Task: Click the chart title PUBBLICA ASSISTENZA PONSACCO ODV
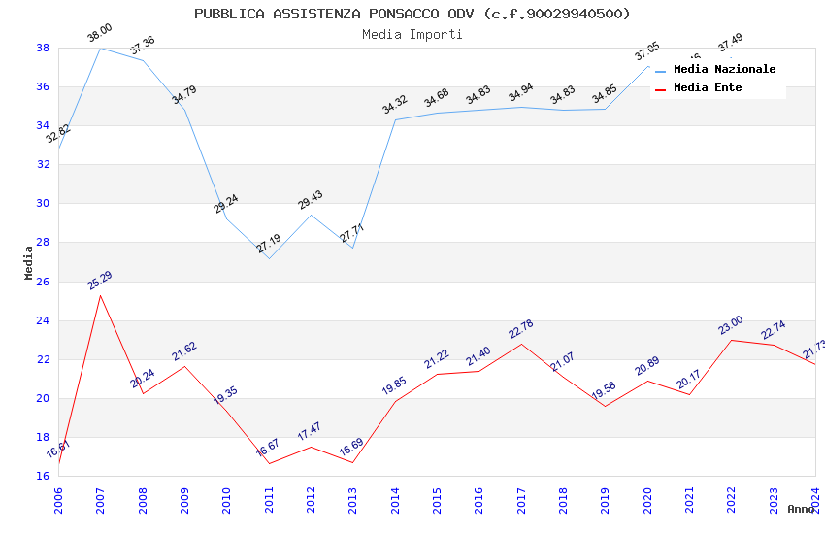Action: pos(412,14)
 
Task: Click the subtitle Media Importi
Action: pos(412,35)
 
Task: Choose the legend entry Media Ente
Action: pos(708,88)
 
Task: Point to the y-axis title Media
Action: pos(29,262)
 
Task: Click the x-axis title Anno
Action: pos(801,509)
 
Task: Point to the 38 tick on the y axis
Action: pos(43,48)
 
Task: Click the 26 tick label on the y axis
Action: pos(43,282)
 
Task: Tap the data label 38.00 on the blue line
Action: pos(100,34)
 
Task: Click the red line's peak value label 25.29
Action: pos(100,281)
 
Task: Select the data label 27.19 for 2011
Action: pos(269,244)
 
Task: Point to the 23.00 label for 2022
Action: pos(731,325)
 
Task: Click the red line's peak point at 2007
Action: pos(100,295)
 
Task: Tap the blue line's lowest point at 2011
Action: pos(269,258)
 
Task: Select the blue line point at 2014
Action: pos(395,119)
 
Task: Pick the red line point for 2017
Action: pos(521,344)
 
